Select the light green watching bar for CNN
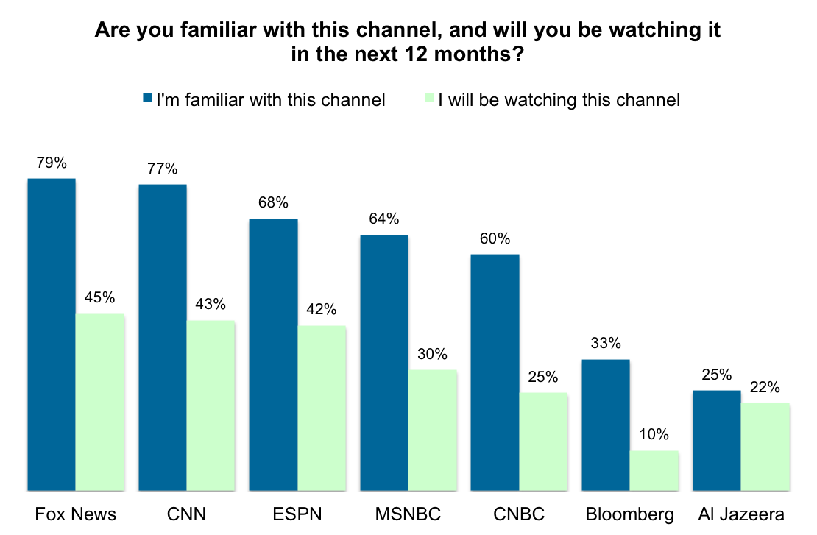click(211, 405)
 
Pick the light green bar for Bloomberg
click(654, 470)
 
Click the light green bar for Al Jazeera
click(765, 446)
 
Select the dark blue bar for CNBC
click(495, 372)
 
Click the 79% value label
click(52, 163)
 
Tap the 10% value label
click(654, 435)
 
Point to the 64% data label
click(383, 219)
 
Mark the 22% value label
click(765, 387)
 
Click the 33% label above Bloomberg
click(606, 344)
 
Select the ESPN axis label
click(297, 514)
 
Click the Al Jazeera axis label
click(740, 514)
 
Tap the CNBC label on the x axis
click(519, 514)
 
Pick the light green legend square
click(430, 98)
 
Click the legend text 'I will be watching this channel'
click(559, 99)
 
